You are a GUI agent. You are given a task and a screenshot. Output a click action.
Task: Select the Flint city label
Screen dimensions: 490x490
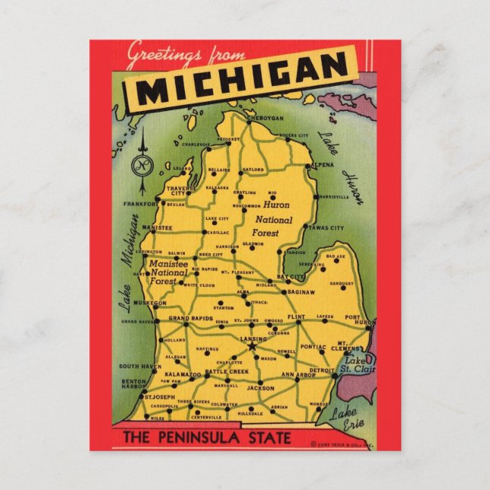(297, 315)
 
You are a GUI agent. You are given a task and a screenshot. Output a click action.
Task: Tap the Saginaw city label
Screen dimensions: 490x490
(301, 291)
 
